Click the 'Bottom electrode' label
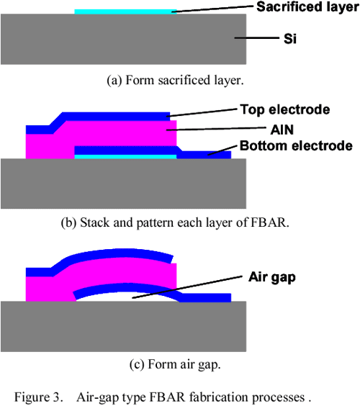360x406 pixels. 296,145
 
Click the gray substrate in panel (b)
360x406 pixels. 122,184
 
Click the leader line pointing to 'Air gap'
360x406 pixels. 194,287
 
